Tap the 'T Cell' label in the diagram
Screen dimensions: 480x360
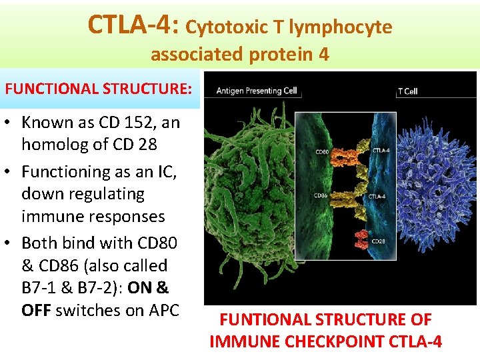click(x=407, y=91)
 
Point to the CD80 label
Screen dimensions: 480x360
click(x=321, y=152)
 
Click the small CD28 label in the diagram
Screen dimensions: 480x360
click(x=378, y=241)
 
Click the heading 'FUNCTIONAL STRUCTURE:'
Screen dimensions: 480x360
click(x=98, y=89)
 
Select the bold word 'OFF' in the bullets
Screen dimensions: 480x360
click(x=36, y=311)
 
